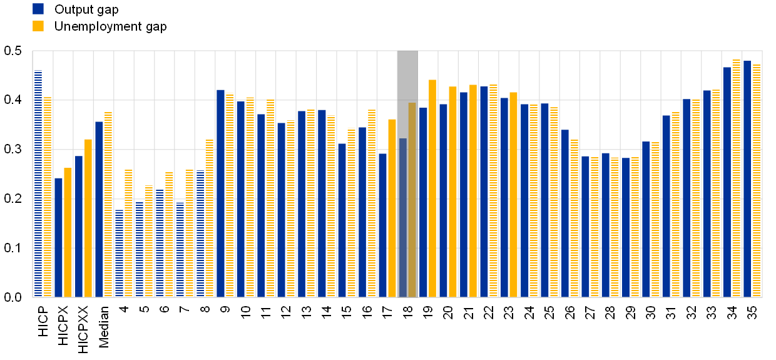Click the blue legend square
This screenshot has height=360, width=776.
pos(38,9)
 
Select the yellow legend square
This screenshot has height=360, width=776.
pos(38,26)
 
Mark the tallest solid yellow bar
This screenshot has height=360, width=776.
pos(432,188)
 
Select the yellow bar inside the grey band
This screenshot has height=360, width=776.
pos(412,200)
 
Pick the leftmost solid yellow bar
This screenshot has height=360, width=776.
pos(68,232)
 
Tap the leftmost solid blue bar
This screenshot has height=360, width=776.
pos(58,237)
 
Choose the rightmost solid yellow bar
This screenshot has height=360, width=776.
pos(513,195)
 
